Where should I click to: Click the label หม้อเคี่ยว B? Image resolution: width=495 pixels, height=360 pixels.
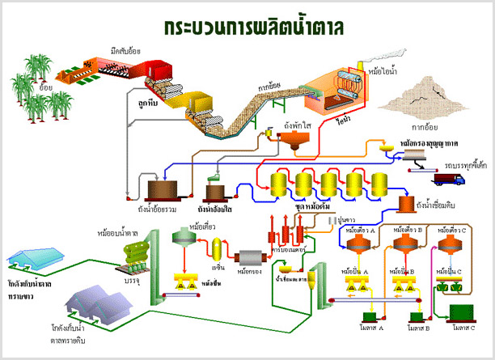pos(405,232)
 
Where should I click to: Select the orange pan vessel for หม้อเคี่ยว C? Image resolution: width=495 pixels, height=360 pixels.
pos(451,248)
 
